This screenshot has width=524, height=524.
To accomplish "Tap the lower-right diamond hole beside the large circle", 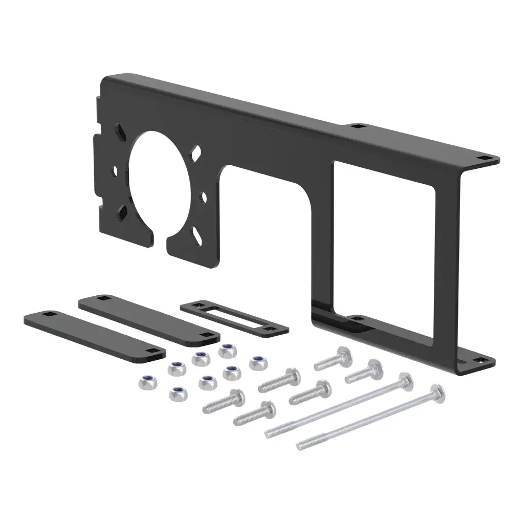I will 195,234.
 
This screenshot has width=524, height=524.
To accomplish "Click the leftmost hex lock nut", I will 143,382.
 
